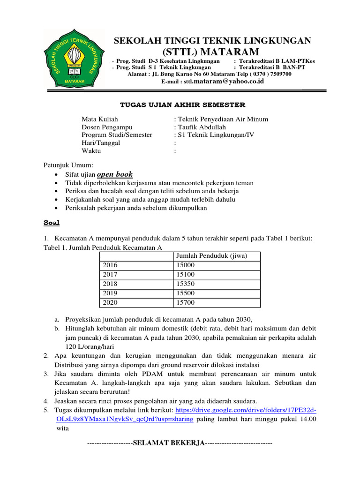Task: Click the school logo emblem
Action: click(71, 58)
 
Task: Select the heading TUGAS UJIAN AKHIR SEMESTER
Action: click(180, 105)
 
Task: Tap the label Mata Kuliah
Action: click(100, 120)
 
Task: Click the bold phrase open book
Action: click(115, 174)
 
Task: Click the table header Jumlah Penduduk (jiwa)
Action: click(211, 256)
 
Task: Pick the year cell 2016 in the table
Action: click(110, 265)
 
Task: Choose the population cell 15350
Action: click(185, 284)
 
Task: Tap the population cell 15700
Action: click(185, 303)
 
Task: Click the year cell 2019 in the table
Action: click(110, 293)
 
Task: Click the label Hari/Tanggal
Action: click(101, 142)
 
